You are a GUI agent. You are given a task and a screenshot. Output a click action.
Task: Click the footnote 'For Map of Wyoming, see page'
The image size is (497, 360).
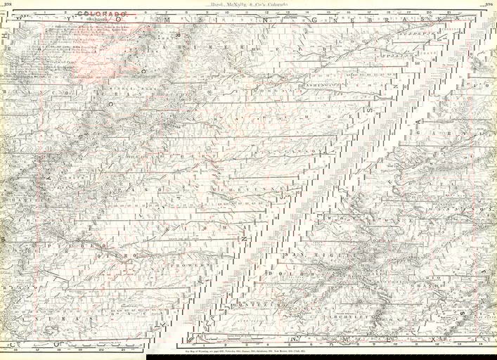[x=246, y=349]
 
